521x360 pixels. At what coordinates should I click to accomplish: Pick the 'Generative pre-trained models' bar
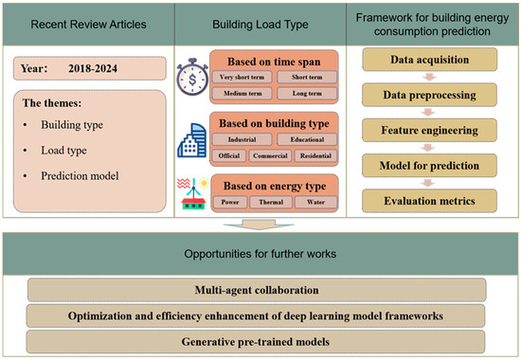(x=259, y=338)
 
